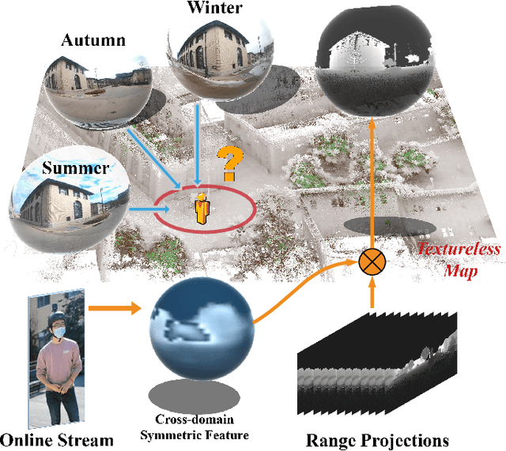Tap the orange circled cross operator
(372, 263)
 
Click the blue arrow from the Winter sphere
(195, 142)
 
